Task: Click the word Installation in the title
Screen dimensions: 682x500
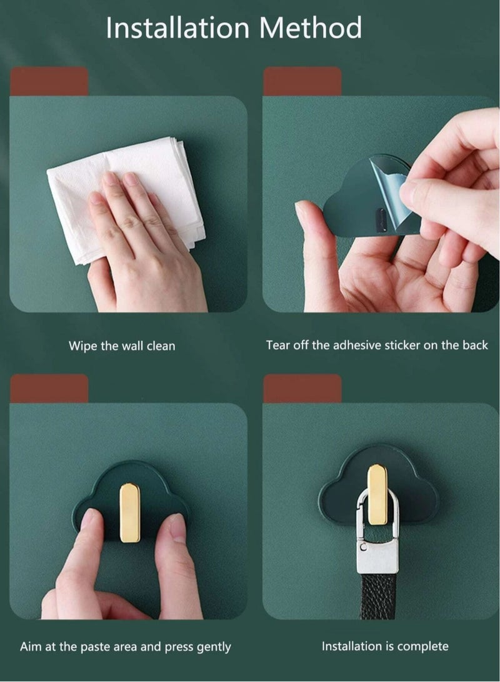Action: pyautogui.click(x=177, y=29)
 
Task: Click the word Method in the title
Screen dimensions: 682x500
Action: pyautogui.click(x=310, y=29)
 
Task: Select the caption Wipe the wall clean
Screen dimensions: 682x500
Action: pyautogui.click(x=122, y=346)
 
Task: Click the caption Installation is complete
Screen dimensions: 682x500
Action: pyautogui.click(x=385, y=646)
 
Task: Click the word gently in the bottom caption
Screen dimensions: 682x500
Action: pyautogui.click(x=211, y=647)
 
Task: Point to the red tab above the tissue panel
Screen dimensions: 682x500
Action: pyautogui.click(x=49, y=81)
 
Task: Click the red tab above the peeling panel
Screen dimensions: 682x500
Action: pyautogui.click(x=302, y=81)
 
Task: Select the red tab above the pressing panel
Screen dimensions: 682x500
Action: pyautogui.click(x=49, y=388)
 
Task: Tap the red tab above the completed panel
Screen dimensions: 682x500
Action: pyautogui.click(x=302, y=388)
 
